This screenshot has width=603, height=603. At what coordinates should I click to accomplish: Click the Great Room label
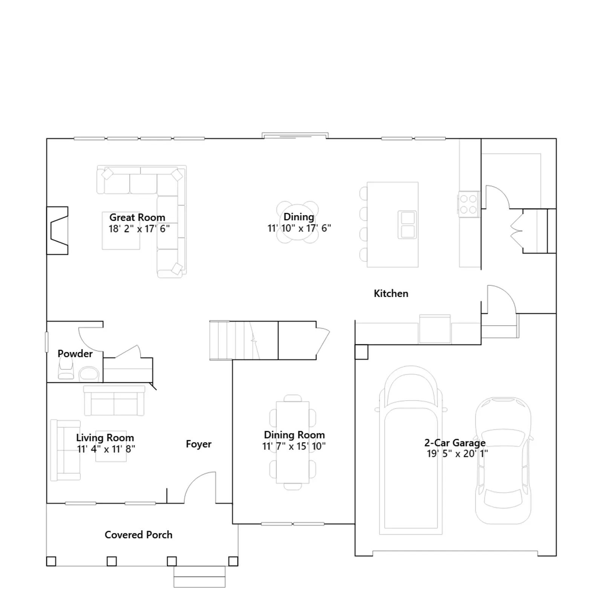click(137, 217)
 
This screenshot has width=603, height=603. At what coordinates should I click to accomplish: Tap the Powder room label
click(75, 354)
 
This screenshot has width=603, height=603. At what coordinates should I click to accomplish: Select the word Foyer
click(199, 444)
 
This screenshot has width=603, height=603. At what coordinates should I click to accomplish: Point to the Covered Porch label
click(138, 535)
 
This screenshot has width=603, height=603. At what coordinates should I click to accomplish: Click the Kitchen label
click(391, 294)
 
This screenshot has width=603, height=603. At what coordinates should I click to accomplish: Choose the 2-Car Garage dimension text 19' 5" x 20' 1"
click(457, 453)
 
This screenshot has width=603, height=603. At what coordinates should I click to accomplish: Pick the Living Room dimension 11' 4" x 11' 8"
click(106, 449)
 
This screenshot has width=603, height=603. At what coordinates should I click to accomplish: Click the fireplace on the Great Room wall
click(58, 231)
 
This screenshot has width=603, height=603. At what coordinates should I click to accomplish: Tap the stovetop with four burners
click(469, 204)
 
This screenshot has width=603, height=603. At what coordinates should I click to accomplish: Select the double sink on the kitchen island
click(407, 225)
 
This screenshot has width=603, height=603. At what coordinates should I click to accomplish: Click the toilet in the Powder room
click(66, 368)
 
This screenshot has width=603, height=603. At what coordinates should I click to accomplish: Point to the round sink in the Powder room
click(89, 374)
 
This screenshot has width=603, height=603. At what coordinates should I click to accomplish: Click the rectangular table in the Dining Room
click(293, 442)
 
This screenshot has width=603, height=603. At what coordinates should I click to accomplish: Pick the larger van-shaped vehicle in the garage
click(411, 450)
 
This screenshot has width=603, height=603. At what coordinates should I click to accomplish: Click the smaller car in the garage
click(503, 460)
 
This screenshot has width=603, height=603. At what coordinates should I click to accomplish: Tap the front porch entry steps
click(199, 577)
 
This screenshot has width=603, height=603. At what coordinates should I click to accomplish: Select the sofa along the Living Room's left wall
click(65, 450)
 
